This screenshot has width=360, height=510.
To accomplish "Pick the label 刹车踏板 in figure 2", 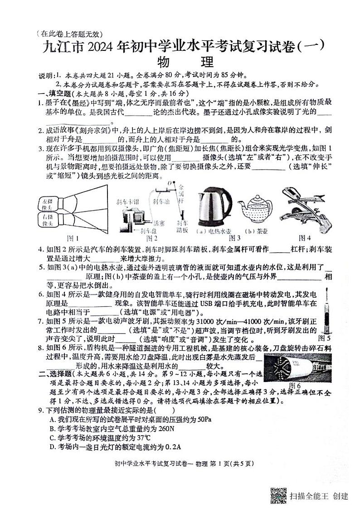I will click(x=182, y=226).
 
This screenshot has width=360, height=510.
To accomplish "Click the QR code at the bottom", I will click(x=278, y=495).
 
